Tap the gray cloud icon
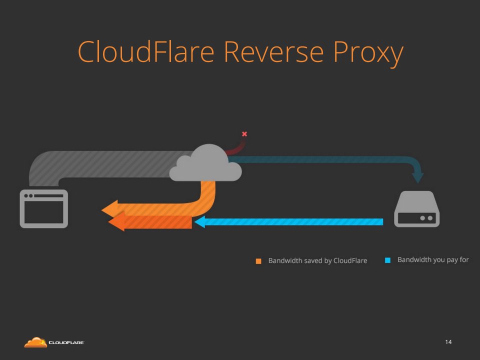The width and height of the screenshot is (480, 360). pyautogui.click(x=205, y=163)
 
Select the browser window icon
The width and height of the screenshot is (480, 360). pyautogui.click(x=43, y=208)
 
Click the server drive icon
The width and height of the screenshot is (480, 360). pyautogui.click(x=416, y=209)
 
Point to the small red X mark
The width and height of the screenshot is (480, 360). pyautogui.click(x=244, y=134)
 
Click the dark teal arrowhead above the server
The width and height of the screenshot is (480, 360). pyautogui.click(x=417, y=177)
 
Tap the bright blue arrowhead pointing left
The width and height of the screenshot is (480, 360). pyautogui.click(x=199, y=222)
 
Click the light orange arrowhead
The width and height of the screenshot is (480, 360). pyautogui.click(x=110, y=208)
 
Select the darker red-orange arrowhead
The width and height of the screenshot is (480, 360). pyautogui.click(x=116, y=222)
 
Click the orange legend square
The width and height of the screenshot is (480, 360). pyautogui.click(x=258, y=261)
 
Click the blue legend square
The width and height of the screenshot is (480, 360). pyautogui.click(x=387, y=260)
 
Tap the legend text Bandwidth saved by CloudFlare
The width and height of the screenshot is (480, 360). pyautogui.click(x=317, y=260)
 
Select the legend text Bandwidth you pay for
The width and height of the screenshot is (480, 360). pyautogui.click(x=432, y=260)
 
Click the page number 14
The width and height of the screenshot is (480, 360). pyautogui.click(x=448, y=342)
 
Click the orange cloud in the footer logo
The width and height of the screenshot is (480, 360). pyautogui.click(x=35, y=342)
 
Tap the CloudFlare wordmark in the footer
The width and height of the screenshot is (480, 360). pyautogui.click(x=66, y=343)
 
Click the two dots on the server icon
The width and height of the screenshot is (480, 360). pyautogui.click(x=426, y=218)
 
